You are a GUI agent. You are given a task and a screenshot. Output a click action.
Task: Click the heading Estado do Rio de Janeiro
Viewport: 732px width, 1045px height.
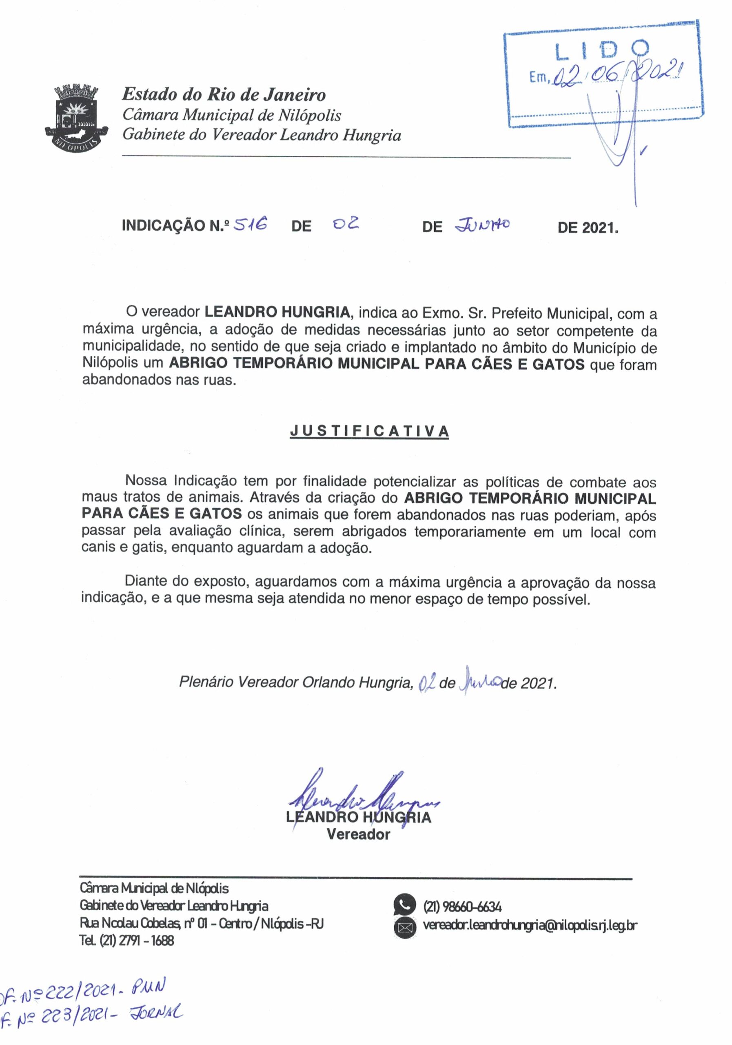pos(224,95)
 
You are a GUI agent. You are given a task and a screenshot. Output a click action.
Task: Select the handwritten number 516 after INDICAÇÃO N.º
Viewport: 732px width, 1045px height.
pos(249,225)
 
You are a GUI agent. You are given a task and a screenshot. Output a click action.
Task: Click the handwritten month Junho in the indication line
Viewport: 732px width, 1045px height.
pos(483,225)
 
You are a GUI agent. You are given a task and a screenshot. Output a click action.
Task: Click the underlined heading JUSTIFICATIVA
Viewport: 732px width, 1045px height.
pos(369,431)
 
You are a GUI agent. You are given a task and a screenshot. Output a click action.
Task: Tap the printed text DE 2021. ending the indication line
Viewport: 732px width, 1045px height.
pos(588,227)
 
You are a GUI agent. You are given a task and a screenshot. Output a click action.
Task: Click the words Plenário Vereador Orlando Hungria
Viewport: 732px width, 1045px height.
pos(296,682)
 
